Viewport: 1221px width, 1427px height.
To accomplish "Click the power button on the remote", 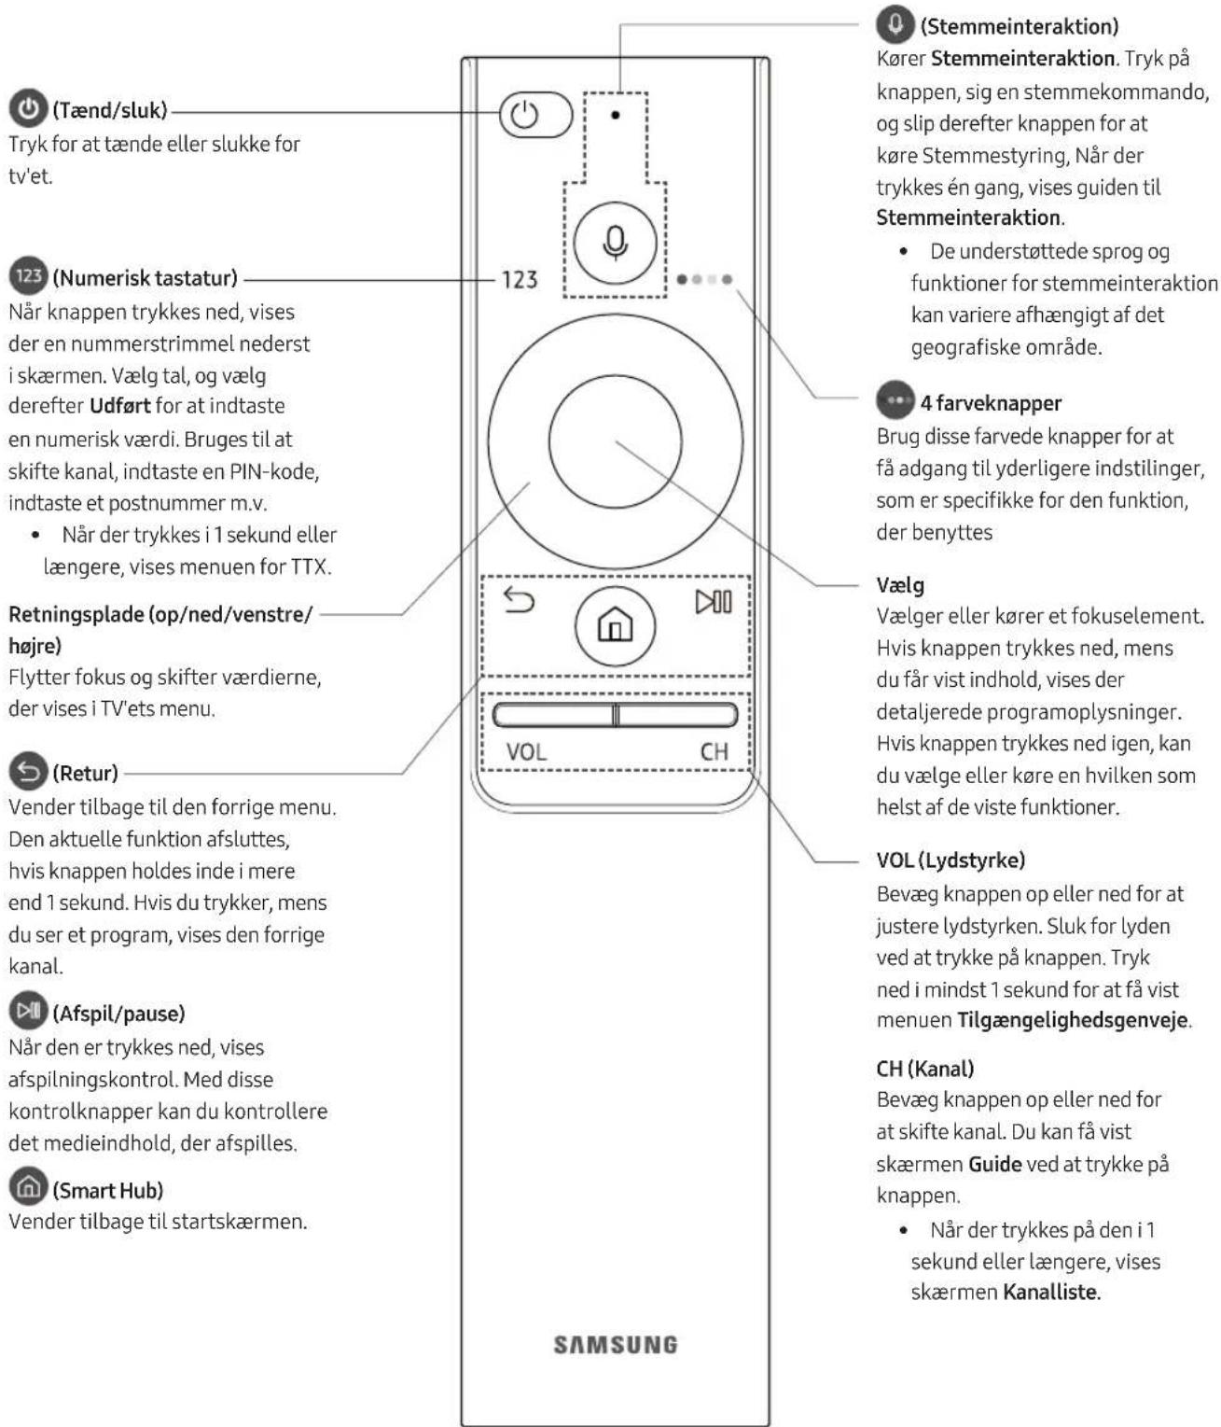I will [534, 115].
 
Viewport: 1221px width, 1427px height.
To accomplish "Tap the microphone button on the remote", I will [615, 243].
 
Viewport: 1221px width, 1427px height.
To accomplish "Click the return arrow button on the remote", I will [519, 600].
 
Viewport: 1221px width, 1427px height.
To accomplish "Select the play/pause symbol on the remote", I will [714, 602].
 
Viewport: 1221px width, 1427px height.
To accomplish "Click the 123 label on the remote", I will [520, 279].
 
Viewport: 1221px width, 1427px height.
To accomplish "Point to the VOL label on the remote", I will [526, 751].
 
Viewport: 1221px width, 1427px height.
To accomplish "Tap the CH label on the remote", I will [714, 751].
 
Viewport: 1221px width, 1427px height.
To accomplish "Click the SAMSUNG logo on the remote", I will [616, 1345].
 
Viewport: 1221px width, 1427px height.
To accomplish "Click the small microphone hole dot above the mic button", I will [616, 115].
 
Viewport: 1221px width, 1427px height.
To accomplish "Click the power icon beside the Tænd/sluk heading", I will [28, 109].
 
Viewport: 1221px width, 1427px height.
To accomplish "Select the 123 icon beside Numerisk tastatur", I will [28, 276].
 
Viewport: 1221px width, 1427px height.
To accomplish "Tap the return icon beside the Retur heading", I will [28, 772].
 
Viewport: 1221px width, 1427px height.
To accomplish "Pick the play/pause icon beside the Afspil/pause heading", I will [28, 1012].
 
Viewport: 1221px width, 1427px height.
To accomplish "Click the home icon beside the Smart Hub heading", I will [28, 1188].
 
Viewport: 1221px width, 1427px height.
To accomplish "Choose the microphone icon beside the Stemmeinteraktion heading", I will [895, 24].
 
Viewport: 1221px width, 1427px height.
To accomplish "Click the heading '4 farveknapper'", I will [991, 403].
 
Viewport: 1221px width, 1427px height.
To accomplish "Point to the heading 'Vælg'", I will [900, 585].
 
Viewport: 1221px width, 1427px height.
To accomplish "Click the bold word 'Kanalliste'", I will [1050, 1293].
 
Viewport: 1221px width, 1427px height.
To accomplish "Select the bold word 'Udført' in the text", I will [121, 406].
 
